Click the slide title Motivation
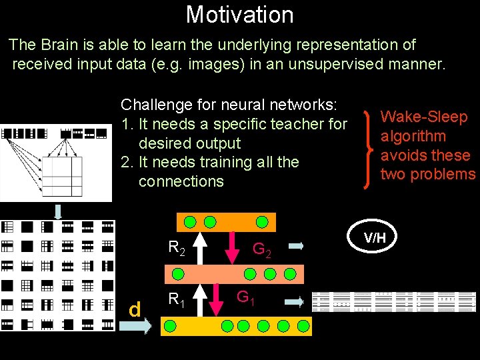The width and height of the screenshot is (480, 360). pos(239,14)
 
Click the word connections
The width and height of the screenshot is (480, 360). pos(181,181)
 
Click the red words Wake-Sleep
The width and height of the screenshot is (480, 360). pos(423,117)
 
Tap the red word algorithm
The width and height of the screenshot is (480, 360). pos(413,136)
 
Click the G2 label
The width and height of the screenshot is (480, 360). pos(261,251)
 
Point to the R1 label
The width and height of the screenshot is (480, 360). pos(177,298)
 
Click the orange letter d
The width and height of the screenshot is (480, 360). pos(135,309)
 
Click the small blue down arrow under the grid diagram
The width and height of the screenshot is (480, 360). pos(59,211)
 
